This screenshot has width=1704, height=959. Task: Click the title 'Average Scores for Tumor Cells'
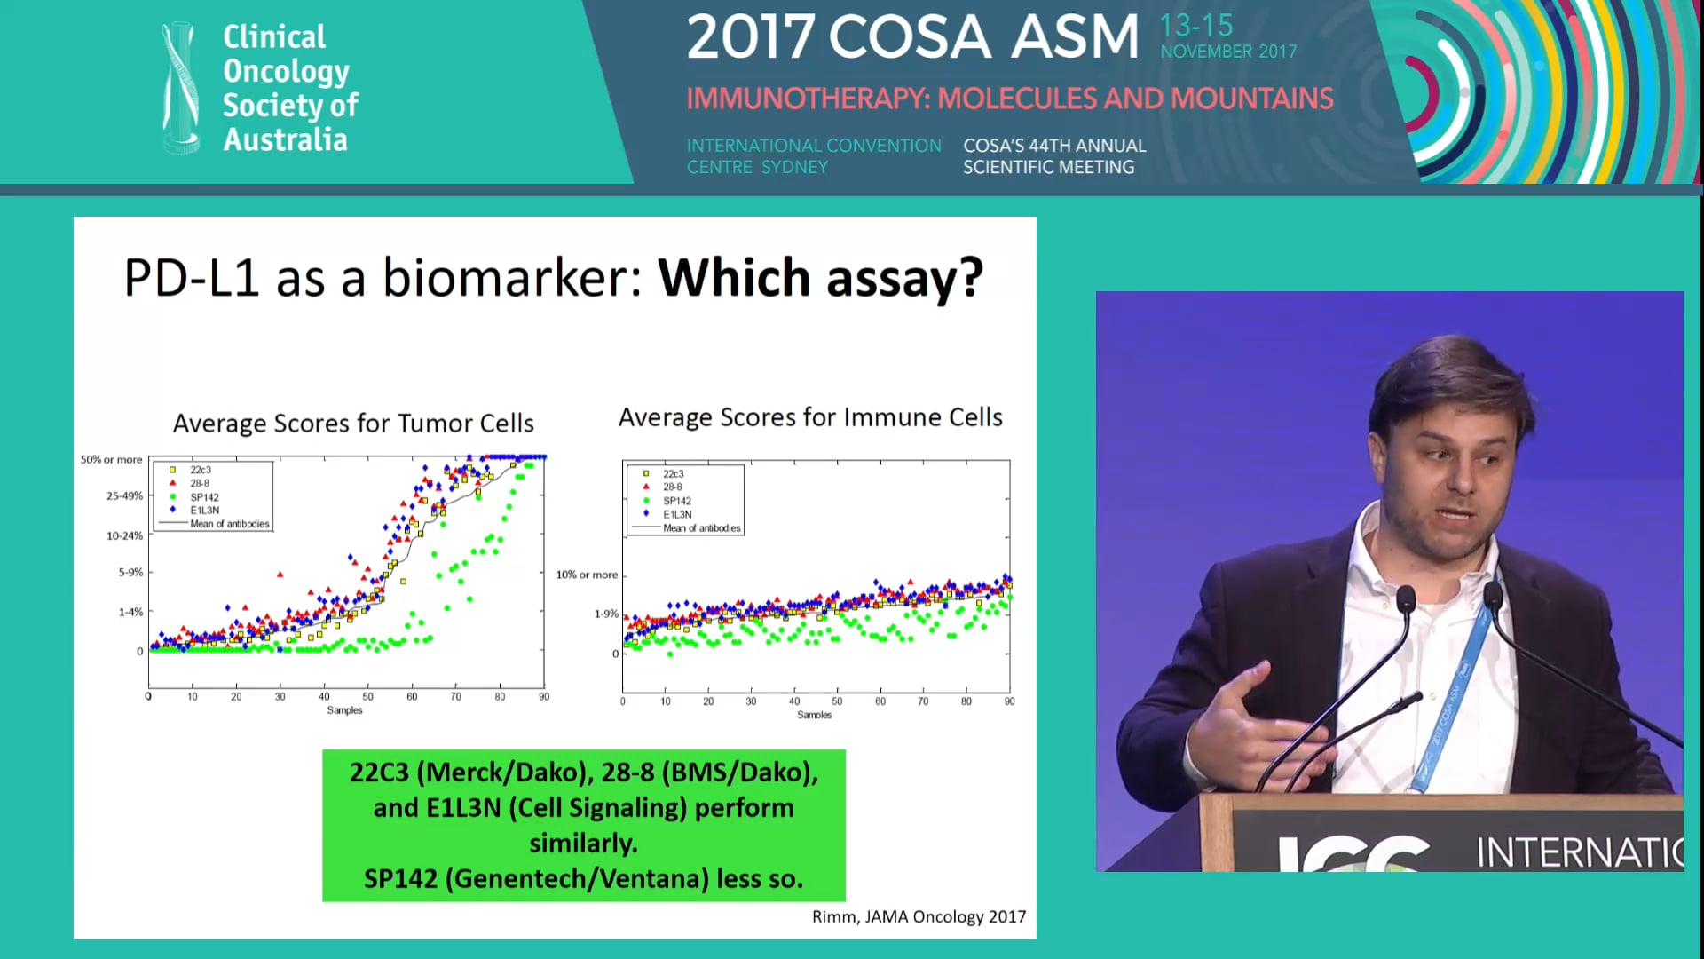[x=353, y=424]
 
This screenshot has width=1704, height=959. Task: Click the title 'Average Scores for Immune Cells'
[x=810, y=417]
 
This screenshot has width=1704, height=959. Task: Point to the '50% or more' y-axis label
[x=111, y=460]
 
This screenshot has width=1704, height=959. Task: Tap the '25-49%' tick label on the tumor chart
[x=124, y=495]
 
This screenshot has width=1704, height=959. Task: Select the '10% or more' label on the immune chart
[x=587, y=575]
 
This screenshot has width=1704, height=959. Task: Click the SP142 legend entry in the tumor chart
[x=204, y=497]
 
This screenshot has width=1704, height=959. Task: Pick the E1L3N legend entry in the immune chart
[x=677, y=514]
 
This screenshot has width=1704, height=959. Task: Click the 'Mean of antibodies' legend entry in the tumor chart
[x=229, y=524]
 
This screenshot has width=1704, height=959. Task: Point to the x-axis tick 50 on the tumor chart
[x=367, y=697]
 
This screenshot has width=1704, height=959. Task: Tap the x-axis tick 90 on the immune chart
[x=1009, y=701]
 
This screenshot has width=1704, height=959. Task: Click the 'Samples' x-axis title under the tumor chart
[x=344, y=710]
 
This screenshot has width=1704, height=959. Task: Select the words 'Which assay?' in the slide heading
[x=820, y=278]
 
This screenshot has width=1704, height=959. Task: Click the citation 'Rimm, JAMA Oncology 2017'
[x=919, y=916]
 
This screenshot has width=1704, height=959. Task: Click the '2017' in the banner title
[x=750, y=37]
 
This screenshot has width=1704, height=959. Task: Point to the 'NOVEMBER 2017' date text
[x=1228, y=52]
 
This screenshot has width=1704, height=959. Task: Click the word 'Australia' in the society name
[x=285, y=140]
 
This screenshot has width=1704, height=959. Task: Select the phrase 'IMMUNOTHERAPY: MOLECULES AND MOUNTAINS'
[x=1009, y=99]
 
